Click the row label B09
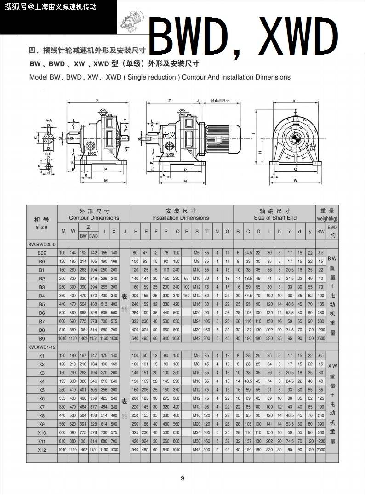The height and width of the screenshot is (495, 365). pos(41,253)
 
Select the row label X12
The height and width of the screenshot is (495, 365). pos(41,449)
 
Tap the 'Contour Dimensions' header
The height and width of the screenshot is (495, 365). pos(94,218)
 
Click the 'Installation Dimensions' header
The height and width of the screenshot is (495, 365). pos(180,218)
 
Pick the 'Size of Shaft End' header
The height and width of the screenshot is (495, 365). pos(275,218)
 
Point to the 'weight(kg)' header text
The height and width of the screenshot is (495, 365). pos(327,219)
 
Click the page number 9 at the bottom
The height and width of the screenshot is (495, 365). pos(182,478)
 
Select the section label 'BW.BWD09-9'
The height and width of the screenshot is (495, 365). pos(42,245)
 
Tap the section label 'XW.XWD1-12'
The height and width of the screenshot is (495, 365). pos(42,347)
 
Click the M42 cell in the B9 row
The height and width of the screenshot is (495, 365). pos(197,338)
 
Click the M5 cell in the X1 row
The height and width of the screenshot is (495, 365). pos(197,356)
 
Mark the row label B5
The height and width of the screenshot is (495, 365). pos(41,304)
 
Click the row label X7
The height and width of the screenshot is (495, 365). pos(41,407)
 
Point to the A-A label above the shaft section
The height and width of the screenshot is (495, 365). pos(49,120)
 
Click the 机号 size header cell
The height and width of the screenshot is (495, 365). pos(41,223)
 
